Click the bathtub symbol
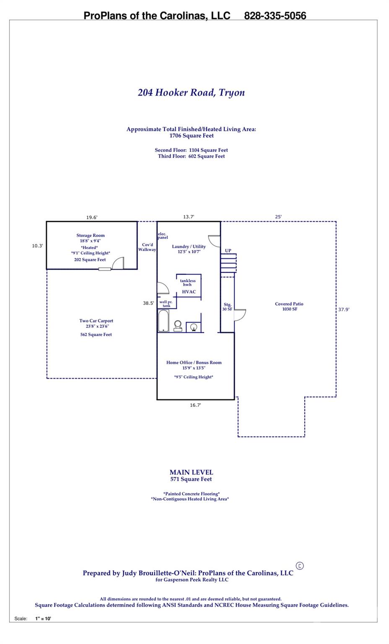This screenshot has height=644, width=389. [163, 321]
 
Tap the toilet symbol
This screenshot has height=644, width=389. [178, 326]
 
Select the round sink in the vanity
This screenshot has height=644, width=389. [194, 327]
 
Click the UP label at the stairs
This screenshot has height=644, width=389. [228, 250]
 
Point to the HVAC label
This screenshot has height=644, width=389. [189, 291]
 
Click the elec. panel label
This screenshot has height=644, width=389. [163, 236]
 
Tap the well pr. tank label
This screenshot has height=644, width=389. [166, 304]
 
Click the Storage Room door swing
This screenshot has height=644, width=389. [118, 263]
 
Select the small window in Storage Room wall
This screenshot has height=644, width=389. [105, 269]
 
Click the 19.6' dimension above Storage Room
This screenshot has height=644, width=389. [92, 217]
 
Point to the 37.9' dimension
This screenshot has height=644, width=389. [344, 309]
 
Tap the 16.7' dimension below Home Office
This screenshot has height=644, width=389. [195, 405]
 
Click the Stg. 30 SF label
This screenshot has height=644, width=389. [227, 307]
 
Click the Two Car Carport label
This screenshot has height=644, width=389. [96, 321]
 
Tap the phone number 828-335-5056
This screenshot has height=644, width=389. [275, 16]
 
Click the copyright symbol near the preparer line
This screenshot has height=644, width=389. [300, 566]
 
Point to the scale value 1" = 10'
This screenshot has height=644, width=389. [43, 618]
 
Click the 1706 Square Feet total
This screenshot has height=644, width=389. [192, 136]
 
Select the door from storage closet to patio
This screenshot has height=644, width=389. [240, 315]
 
